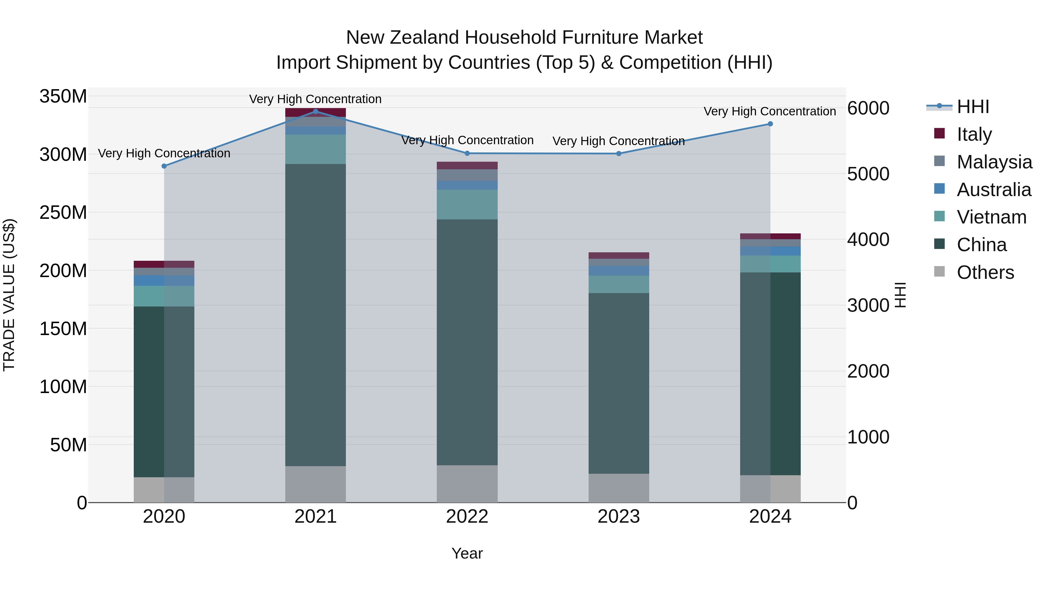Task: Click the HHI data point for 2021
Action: [316, 112]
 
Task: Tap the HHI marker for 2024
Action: [770, 124]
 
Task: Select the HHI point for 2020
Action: [164, 166]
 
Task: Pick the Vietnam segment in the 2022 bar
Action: [467, 205]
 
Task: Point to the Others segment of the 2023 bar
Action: [619, 488]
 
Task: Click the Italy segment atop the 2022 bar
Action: [467, 165]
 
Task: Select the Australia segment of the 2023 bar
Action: [619, 271]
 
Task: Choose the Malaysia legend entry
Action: [994, 162]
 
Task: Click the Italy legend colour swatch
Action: [939, 133]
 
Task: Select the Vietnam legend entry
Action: [991, 217]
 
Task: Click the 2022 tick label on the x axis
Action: [467, 517]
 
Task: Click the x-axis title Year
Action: [467, 553]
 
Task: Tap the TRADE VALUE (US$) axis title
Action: [9, 295]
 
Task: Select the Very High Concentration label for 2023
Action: [619, 141]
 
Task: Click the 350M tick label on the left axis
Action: [63, 97]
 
